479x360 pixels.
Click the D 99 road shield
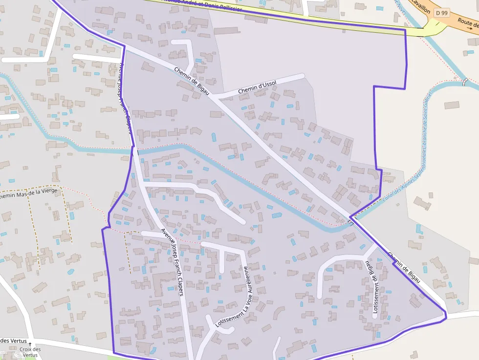(442, 13)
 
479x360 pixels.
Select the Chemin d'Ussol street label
(257, 87)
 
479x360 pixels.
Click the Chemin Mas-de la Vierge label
(29, 192)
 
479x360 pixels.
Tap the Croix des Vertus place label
(30, 352)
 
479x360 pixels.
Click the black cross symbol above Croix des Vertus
(30, 344)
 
